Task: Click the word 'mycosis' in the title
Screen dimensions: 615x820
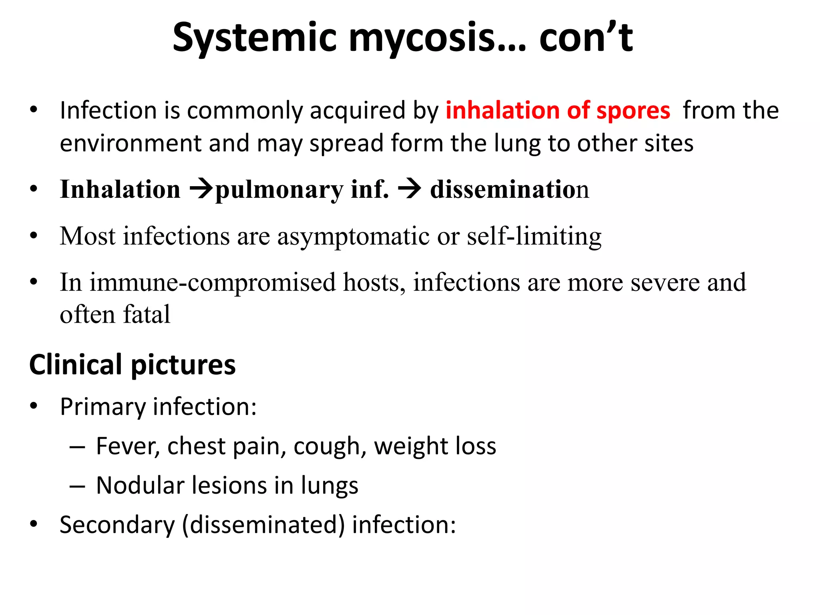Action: (x=422, y=38)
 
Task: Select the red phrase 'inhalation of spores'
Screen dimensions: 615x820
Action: (x=558, y=111)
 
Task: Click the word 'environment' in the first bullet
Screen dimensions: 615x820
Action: (x=130, y=143)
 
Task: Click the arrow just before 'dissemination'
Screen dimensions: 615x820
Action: (x=409, y=189)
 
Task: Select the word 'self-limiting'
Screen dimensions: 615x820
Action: (x=534, y=236)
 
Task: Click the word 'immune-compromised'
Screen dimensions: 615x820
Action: (x=212, y=282)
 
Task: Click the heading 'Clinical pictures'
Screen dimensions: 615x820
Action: (x=133, y=365)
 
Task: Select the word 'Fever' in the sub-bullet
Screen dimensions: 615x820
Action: (x=127, y=446)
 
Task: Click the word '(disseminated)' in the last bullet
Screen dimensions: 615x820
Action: (x=263, y=525)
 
